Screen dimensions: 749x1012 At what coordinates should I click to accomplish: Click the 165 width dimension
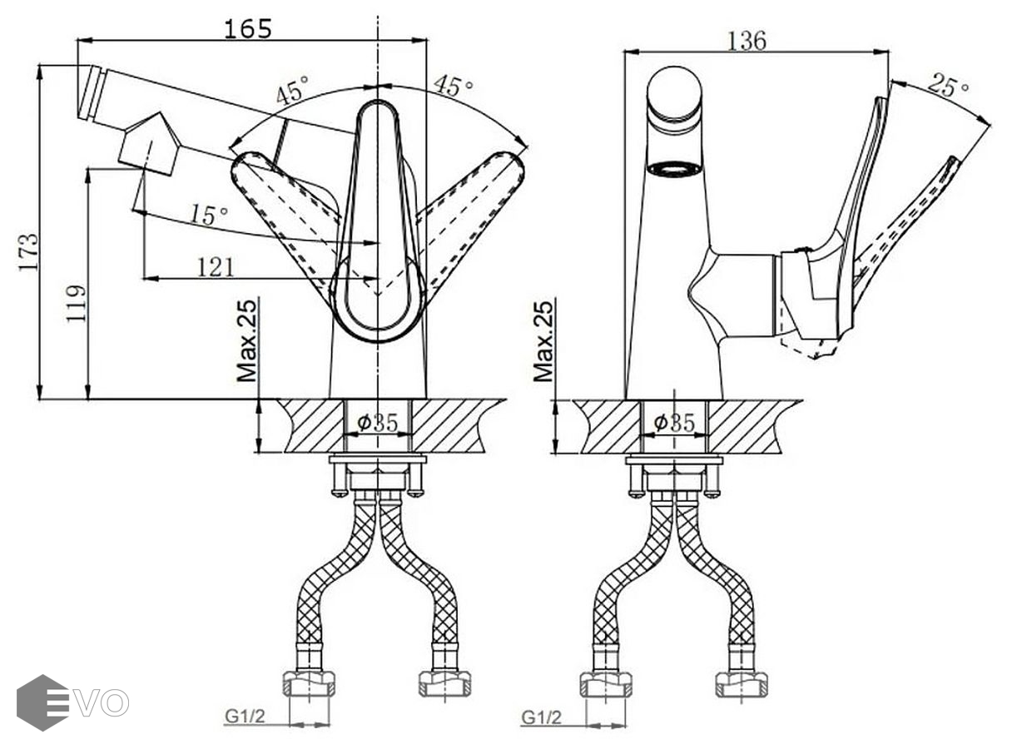(x=248, y=28)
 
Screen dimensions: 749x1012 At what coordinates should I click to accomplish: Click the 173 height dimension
(x=29, y=251)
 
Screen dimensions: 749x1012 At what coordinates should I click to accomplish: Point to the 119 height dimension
(x=77, y=304)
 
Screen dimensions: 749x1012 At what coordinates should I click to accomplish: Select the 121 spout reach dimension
(x=215, y=266)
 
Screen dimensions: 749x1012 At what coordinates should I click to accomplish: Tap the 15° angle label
(x=208, y=215)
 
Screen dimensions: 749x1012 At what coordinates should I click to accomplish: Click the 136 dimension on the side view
(x=747, y=39)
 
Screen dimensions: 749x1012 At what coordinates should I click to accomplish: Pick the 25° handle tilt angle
(x=949, y=85)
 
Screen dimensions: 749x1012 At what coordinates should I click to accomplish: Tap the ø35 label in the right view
(x=674, y=424)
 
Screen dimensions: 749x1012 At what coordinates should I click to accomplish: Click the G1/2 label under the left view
(x=245, y=717)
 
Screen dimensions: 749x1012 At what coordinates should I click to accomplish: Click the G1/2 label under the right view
(x=542, y=717)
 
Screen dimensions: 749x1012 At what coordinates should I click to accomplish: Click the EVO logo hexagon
(x=42, y=702)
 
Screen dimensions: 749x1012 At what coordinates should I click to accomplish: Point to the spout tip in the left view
(x=91, y=93)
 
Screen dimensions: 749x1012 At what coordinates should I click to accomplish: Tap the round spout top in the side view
(x=675, y=93)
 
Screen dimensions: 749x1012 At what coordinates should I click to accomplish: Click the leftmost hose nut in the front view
(x=309, y=683)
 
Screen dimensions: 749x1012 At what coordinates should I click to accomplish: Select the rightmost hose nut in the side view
(x=742, y=683)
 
